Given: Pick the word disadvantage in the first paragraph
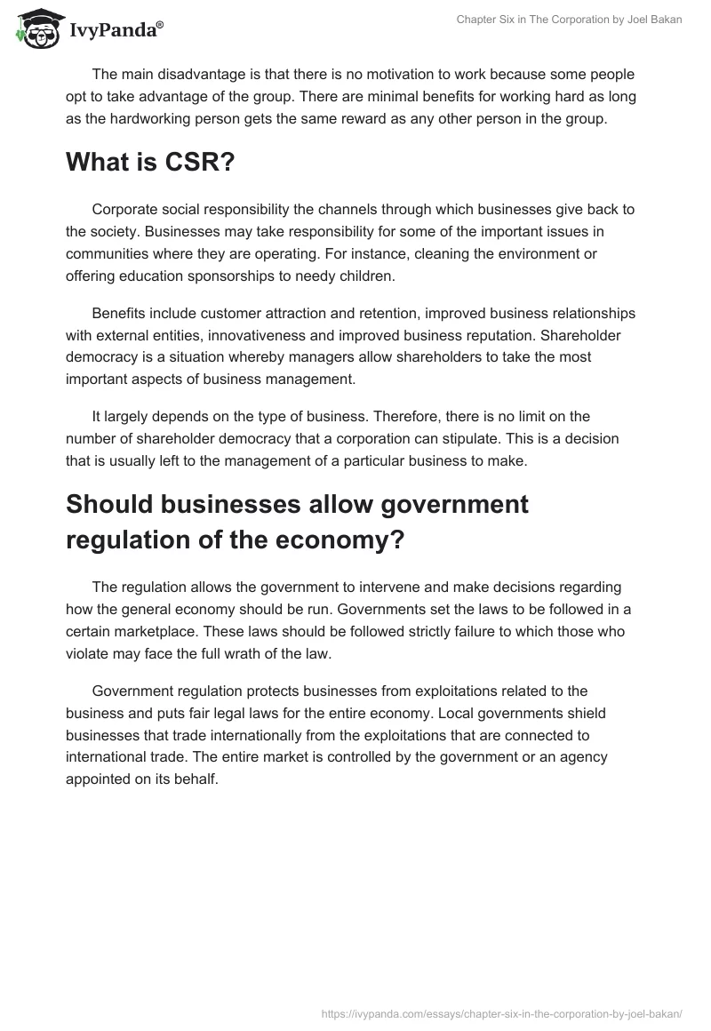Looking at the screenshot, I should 196,74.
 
